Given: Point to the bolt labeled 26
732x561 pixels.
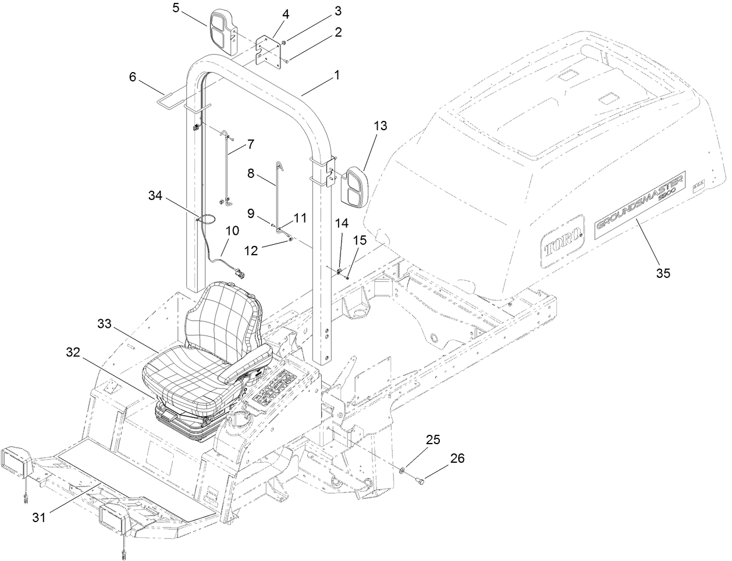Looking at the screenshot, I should [x=420, y=480].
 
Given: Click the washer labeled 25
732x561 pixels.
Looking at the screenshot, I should [x=403, y=469].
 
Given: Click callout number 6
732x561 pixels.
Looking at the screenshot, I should [x=132, y=77].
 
